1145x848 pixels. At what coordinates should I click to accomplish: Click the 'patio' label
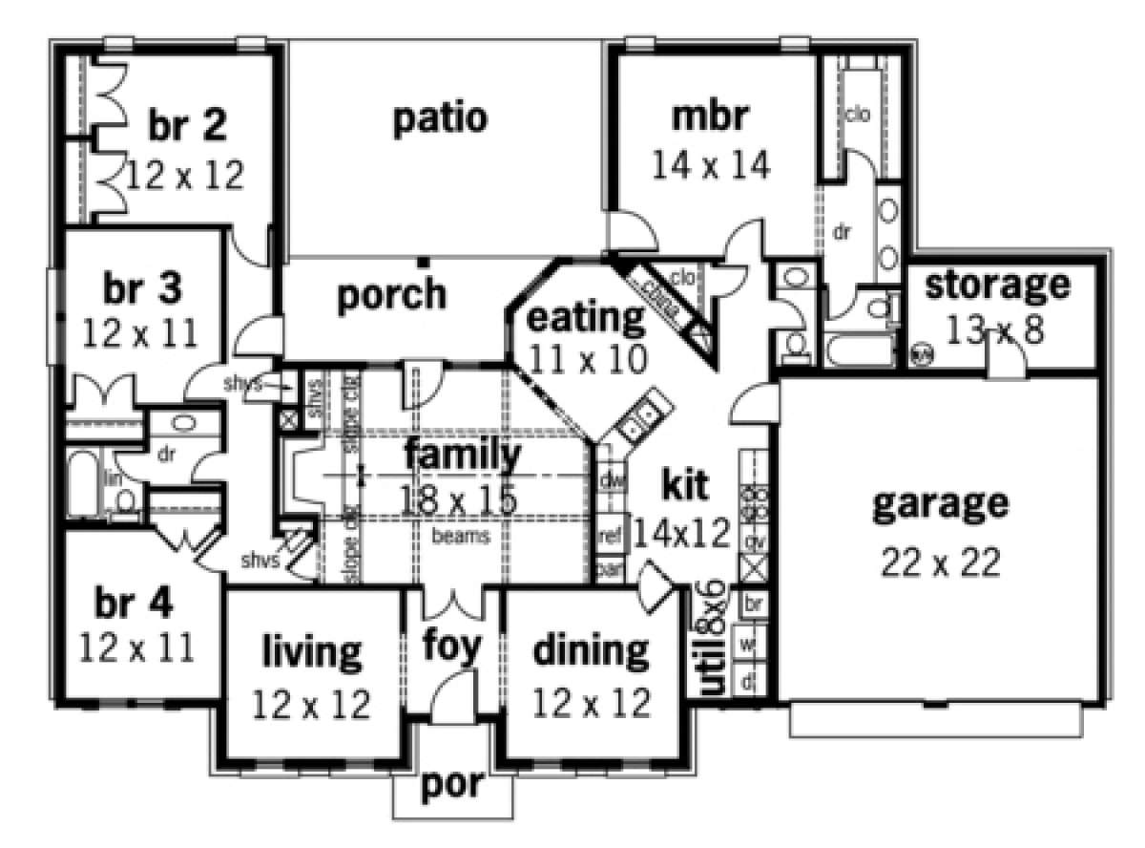click(440, 119)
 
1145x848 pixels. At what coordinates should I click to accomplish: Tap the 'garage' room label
click(939, 503)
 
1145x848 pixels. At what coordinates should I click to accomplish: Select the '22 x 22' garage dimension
click(939, 562)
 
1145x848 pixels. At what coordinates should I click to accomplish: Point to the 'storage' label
click(997, 284)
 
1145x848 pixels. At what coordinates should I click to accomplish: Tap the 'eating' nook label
click(586, 316)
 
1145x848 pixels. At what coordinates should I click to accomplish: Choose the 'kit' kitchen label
click(684, 485)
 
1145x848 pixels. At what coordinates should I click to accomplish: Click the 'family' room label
click(463, 456)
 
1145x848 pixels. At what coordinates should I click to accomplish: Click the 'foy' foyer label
click(451, 647)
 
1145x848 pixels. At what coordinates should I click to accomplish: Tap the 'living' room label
click(312, 652)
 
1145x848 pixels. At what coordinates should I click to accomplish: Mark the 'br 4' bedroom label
click(135, 604)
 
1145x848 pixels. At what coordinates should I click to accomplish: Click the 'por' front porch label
click(452, 788)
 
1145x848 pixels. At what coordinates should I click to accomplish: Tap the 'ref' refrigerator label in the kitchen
click(608, 537)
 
